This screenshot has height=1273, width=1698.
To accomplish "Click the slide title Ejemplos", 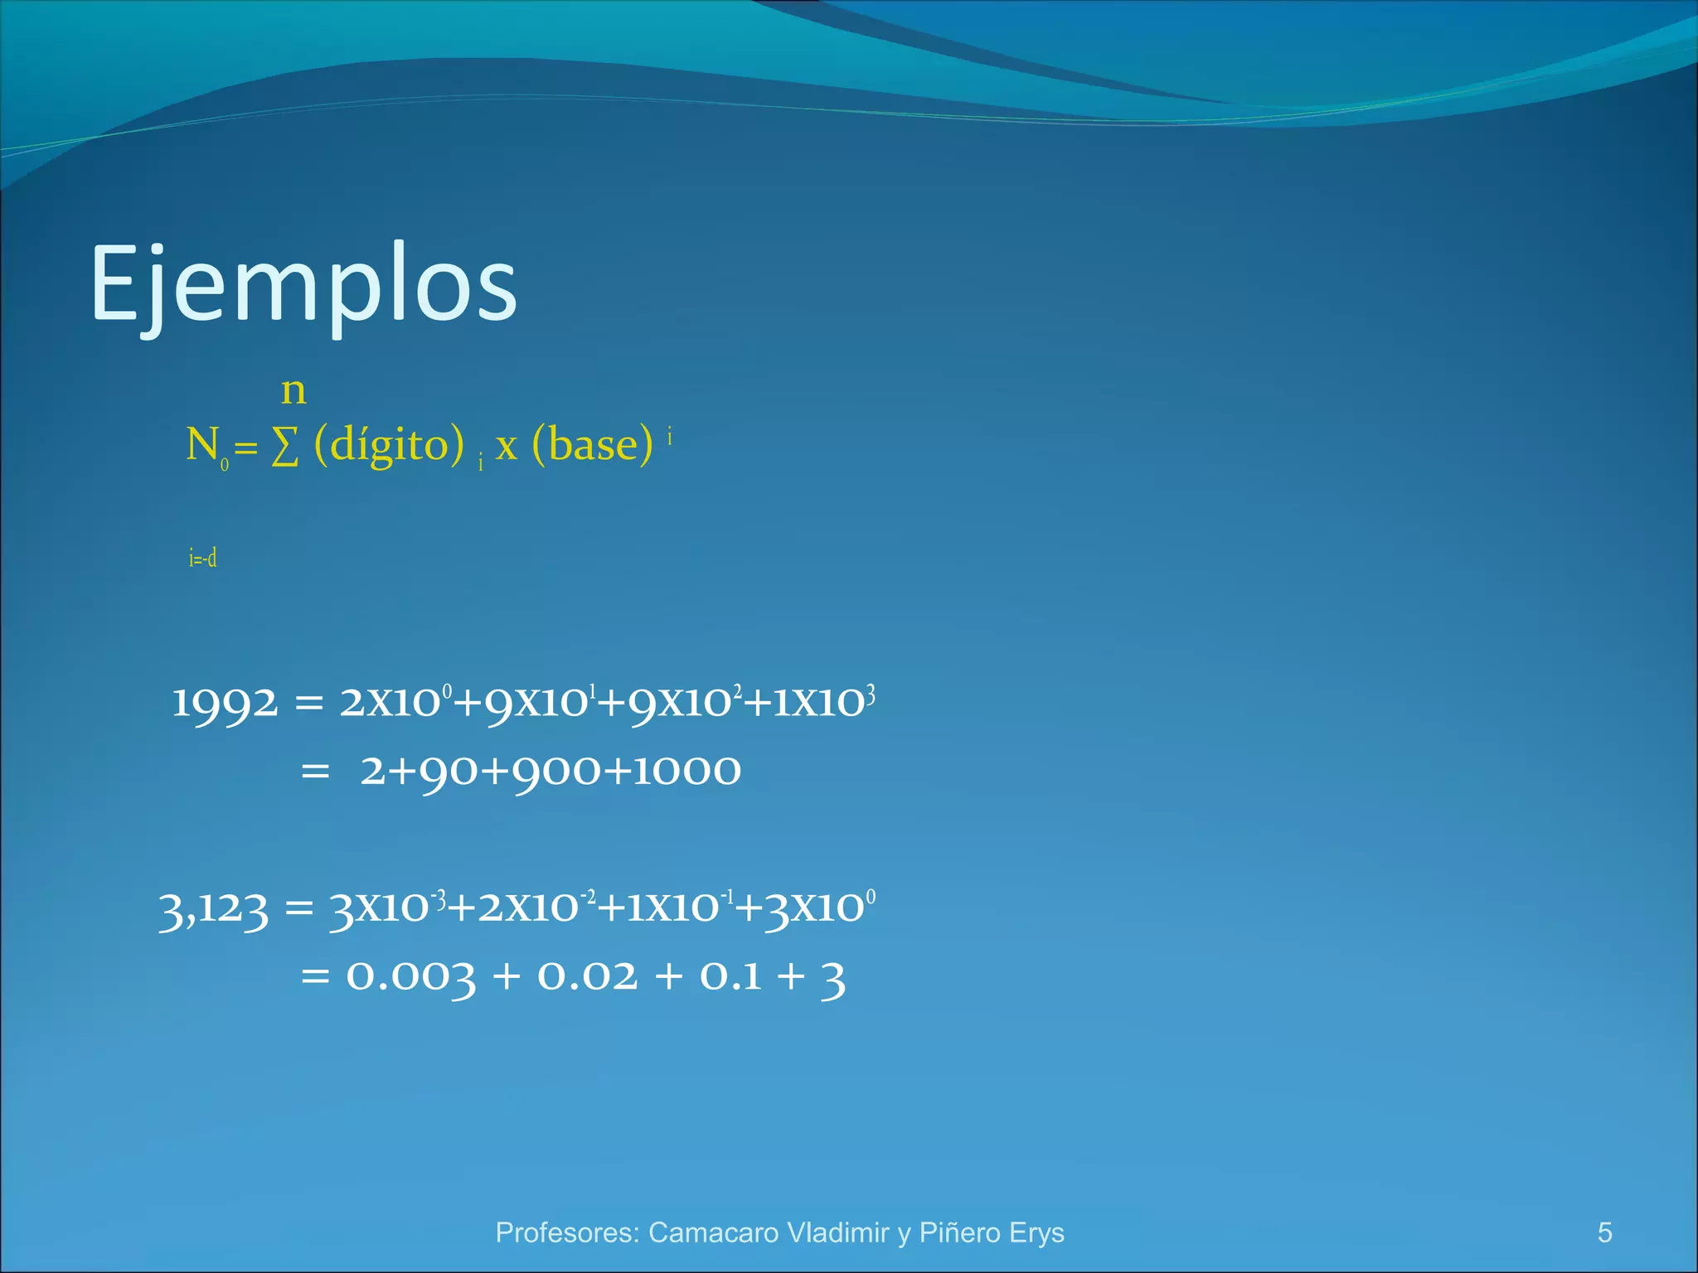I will [x=303, y=283].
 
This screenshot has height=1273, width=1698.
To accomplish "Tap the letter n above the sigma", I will [x=294, y=390].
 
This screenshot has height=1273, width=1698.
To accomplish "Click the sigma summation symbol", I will [x=285, y=448].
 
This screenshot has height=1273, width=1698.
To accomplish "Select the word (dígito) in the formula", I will [x=389, y=444].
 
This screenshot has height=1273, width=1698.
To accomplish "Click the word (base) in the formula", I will [x=592, y=444].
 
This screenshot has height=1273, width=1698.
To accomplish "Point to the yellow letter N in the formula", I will [x=202, y=444].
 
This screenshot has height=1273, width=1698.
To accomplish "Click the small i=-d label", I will [x=202, y=558].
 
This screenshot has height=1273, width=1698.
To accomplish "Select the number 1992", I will [x=224, y=704].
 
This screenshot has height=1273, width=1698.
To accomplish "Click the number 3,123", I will [x=214, y=909].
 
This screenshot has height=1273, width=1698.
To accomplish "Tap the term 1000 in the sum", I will [x=686, y=771].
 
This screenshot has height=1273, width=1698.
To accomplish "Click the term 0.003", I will [x=410, y=976].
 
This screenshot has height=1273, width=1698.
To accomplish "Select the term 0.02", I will [x=588, y=976].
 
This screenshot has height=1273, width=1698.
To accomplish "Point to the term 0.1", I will [x=730, y=976].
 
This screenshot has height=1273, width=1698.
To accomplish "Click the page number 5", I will [x=1604, y=1232].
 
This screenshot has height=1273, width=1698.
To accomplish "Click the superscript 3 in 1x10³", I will [x=870, y=693].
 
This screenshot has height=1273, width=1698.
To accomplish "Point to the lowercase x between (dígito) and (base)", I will [x=507, y=448].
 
